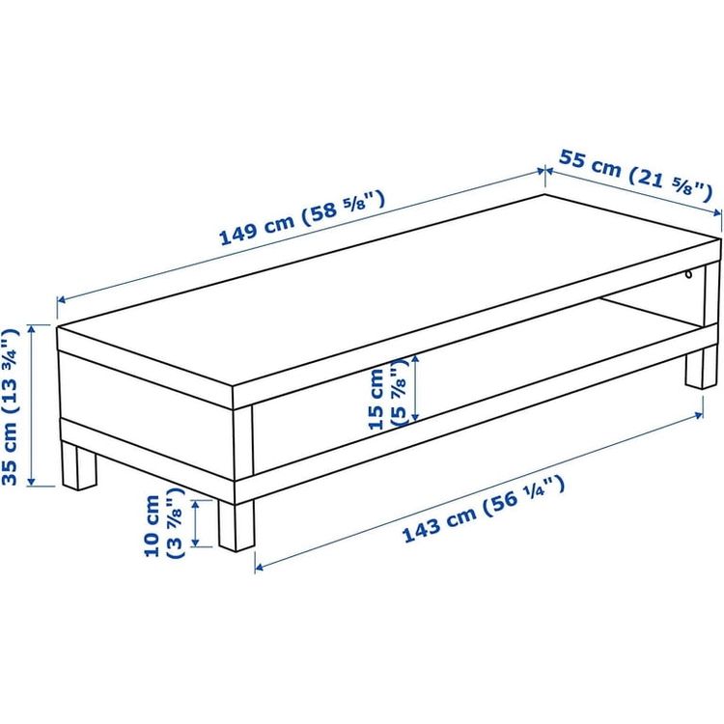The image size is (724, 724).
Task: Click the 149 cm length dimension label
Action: [301, 218]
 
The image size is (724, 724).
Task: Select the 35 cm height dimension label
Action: [11, 406]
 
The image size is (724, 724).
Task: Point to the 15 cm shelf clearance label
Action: [388, 394]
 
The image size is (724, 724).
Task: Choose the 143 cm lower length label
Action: [484, 510]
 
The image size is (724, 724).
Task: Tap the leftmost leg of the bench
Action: [79, 465]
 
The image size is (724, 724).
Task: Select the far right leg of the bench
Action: [701, 368]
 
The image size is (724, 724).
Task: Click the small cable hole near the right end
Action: [689, 275]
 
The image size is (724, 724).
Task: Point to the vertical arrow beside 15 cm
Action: [415, 388]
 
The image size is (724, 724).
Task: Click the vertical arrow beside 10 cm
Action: [195, 524]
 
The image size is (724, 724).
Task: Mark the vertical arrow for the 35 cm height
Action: [32, 405]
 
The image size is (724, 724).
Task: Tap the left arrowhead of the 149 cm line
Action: [61, 300]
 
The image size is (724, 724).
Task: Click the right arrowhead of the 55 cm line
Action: [716, 213]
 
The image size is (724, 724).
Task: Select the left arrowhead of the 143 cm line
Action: [259, 567]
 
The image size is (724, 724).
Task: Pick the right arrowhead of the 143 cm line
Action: [699, 415]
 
